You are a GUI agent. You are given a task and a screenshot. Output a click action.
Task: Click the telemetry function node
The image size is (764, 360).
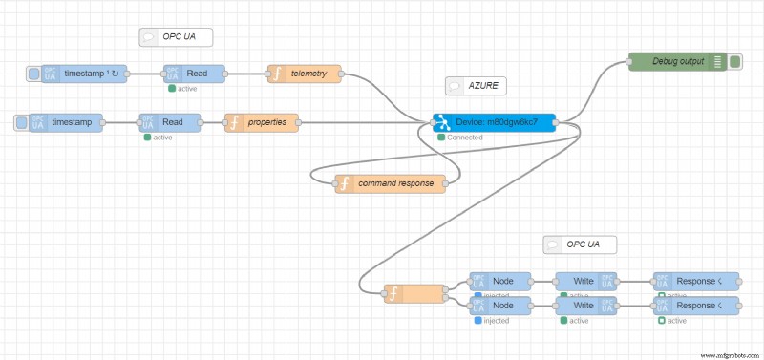(x=304, y=74)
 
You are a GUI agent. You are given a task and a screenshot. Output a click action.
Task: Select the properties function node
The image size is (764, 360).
(x=262, y=122)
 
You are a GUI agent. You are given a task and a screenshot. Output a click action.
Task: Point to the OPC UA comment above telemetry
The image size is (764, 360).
(x=176, y=37)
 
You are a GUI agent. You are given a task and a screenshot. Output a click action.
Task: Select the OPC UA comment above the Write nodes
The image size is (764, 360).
(x=580, y=244)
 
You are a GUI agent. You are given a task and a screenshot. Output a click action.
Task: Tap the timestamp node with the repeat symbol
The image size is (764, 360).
(x=84, y=74)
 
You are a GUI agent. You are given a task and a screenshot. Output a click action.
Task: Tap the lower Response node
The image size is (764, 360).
(x=696, y=306)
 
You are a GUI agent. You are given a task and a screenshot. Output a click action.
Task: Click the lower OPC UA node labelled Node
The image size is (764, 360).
(x=499, y=306)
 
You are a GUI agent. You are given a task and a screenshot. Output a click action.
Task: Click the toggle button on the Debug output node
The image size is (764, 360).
(x=735, y=62)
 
